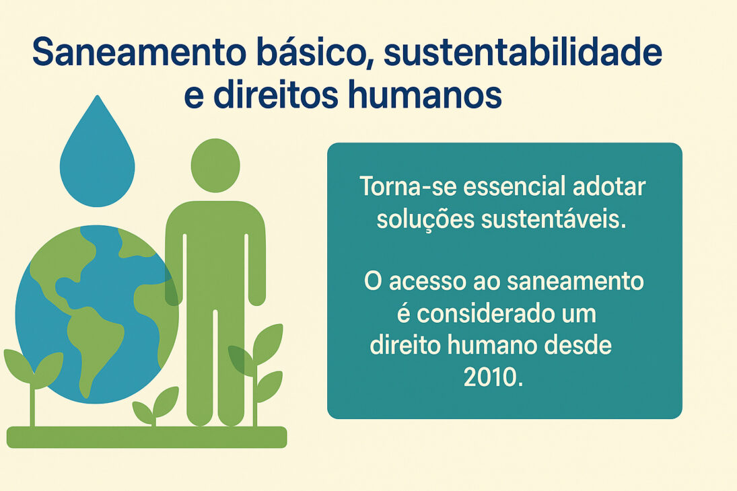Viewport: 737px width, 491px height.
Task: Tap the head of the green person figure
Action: (215, 165)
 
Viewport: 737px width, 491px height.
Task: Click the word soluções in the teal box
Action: (415, 219)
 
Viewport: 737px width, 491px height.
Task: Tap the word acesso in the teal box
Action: (425, 281)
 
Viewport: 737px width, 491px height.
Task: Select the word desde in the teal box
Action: (581, 346)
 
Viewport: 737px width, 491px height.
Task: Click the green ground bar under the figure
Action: (147, 437)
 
